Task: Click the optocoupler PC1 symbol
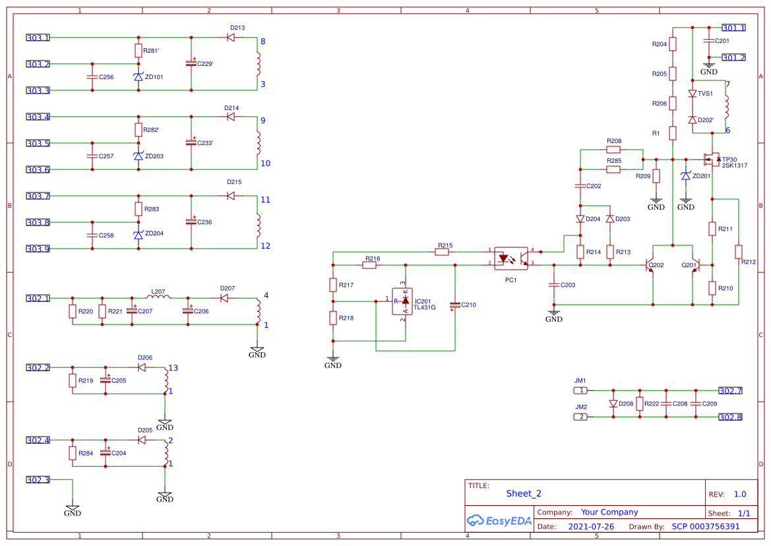coord(510,258)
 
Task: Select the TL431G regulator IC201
coord(404,301)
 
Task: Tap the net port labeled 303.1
coord(38,38)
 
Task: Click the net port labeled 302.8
coord(729,417)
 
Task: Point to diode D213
coord(231,38)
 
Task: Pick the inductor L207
coord(158,298)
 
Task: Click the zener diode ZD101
coord(138,77)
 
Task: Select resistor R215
coord(445,252)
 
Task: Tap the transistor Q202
coord(650,265)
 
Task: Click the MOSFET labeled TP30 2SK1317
coord(712,159)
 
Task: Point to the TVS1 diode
coord(693,94)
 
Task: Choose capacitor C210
coord(454,305)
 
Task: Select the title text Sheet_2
coord(524,493)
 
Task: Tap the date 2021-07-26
coord(591,527)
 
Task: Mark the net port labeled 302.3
coord(38,479)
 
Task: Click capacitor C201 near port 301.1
coord(709,41)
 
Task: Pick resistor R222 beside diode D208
coord(639,404)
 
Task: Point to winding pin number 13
coord(173,368)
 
